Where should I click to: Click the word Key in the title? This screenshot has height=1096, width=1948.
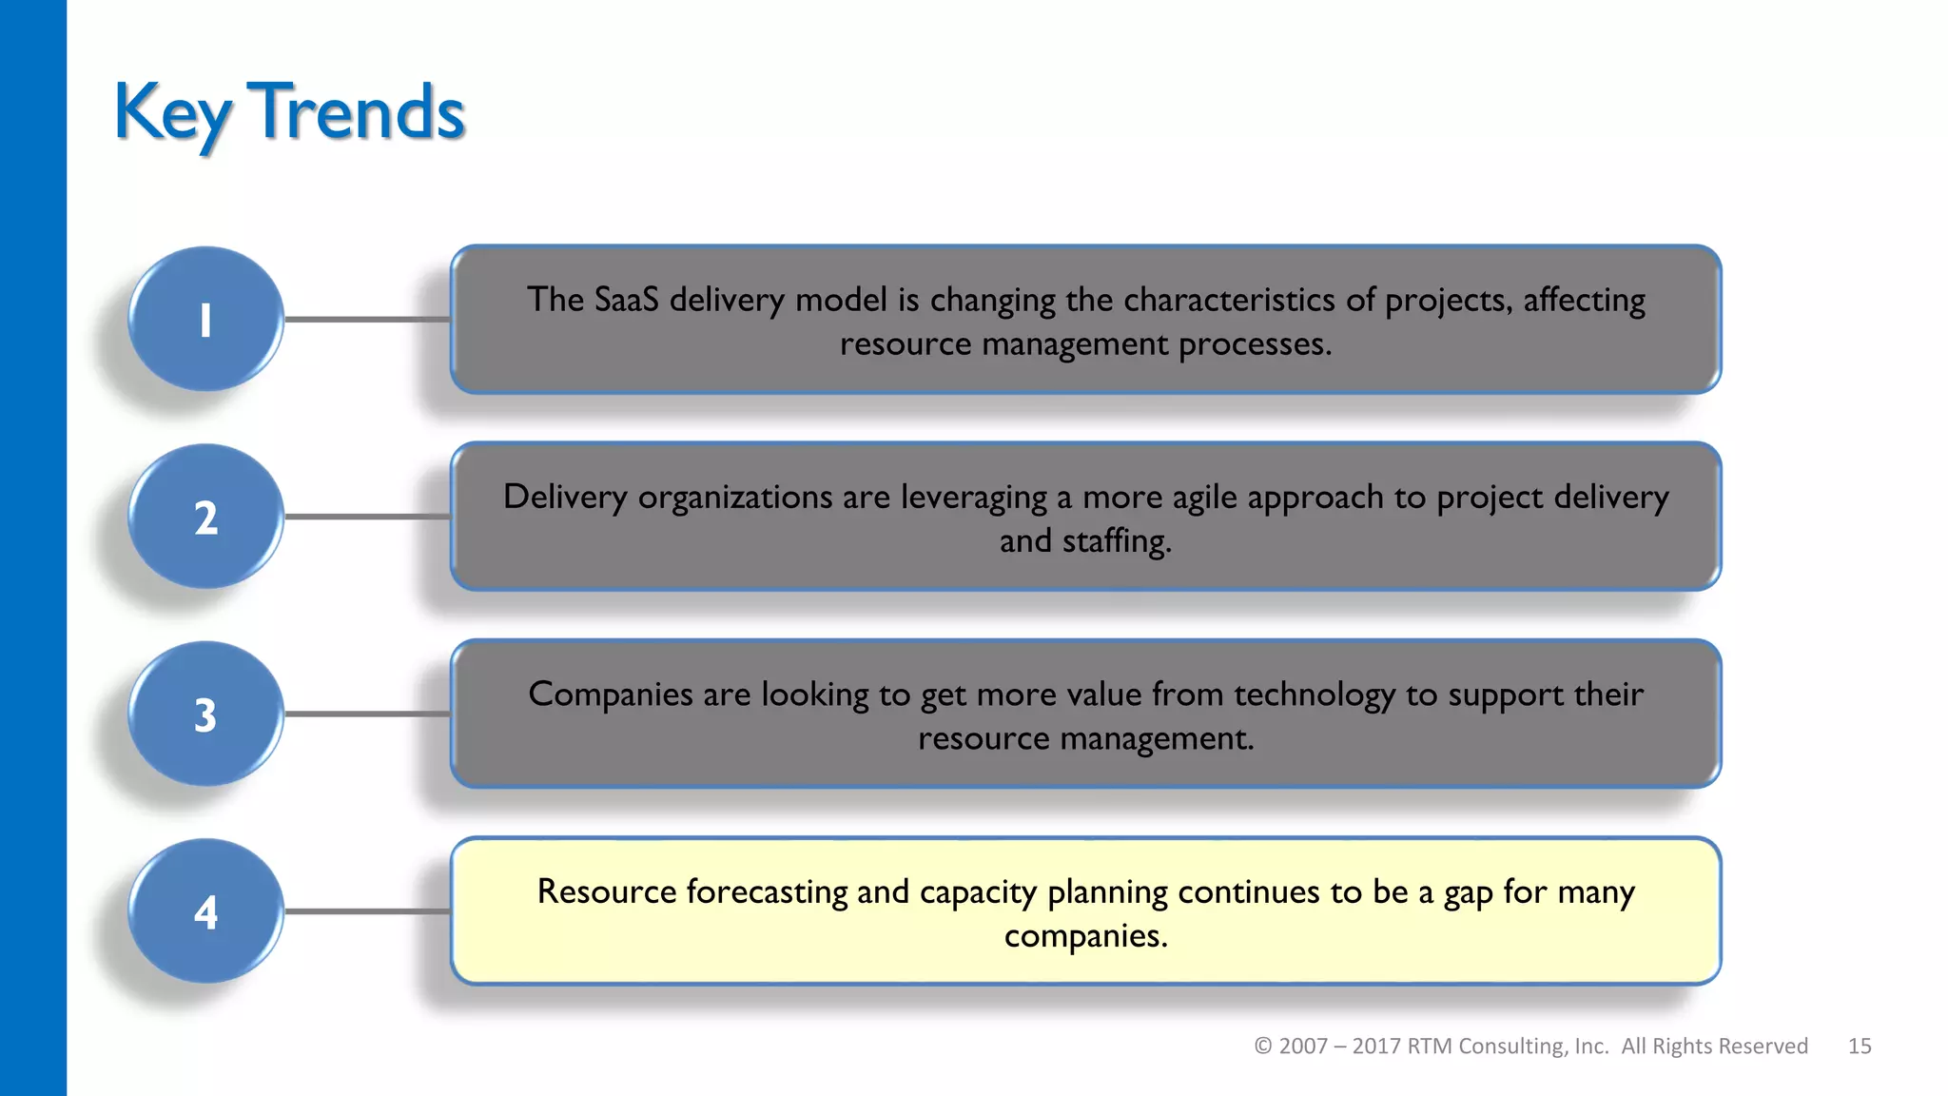point(171,112)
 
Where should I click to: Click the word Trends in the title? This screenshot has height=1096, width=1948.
point(356,112)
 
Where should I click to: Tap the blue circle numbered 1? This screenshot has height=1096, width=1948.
point(205,320)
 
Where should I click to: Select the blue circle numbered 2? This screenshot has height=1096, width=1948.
point(205,517)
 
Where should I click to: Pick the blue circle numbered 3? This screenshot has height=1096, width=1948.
point(205,714)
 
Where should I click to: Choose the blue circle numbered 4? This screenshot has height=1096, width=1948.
point(205,911)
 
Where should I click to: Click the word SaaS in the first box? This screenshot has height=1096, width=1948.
point(626,300)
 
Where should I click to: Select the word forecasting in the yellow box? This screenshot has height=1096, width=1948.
point(766,892)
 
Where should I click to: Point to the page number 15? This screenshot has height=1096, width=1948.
point(1860,1046)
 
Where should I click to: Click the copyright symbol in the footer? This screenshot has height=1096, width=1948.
point(1263,1046)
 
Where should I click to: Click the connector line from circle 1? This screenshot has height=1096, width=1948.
point(367,320)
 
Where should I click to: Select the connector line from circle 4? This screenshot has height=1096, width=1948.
point(367,911)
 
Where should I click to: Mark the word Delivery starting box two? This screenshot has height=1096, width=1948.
point(565,498)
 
